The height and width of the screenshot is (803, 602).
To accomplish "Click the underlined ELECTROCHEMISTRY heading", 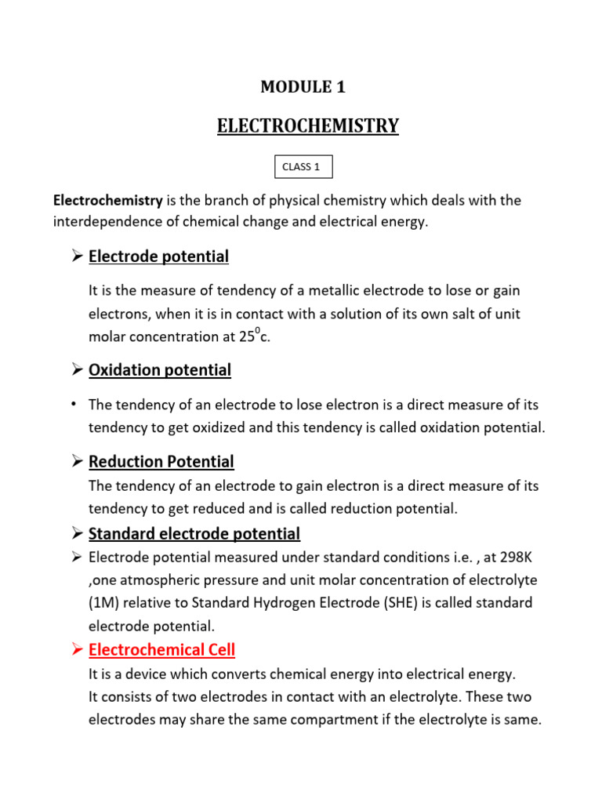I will point(308,126).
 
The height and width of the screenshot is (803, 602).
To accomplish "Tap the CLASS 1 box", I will point(303,166).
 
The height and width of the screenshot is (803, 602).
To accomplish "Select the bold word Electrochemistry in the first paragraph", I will point(107,201).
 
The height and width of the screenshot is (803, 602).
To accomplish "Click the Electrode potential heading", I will point(158,256).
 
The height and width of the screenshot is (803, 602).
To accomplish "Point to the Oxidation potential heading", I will point(160,370).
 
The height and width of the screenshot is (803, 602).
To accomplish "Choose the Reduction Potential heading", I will point(161,462).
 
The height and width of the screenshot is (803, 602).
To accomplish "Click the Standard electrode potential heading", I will point(194,534).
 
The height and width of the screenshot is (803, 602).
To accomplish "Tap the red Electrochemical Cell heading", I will point(161,650).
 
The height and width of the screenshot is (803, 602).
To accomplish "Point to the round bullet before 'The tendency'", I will point(73,405).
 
